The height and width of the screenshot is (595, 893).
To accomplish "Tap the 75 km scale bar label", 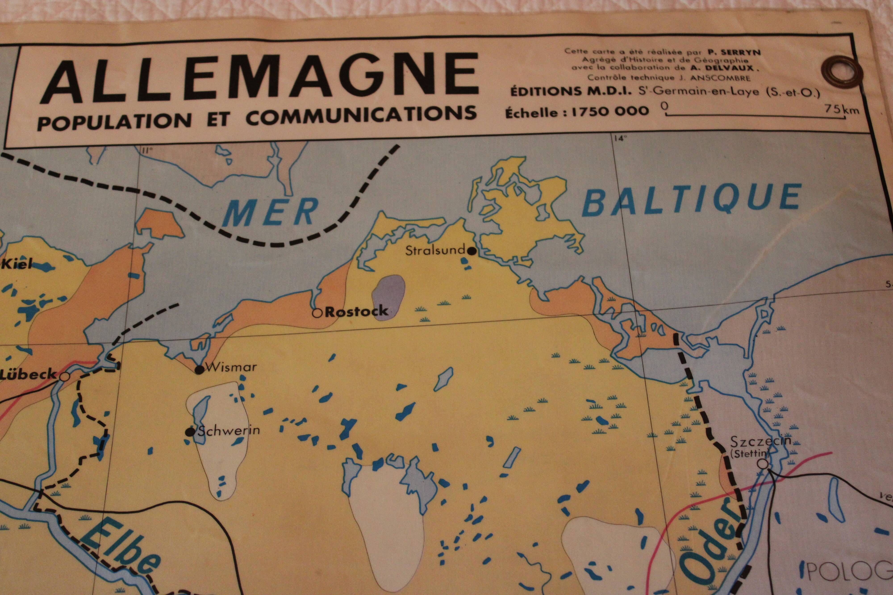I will (840, 110).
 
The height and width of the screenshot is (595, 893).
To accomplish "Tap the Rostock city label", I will (356, 311).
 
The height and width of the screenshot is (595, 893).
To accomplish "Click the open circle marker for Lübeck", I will (65, 377).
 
